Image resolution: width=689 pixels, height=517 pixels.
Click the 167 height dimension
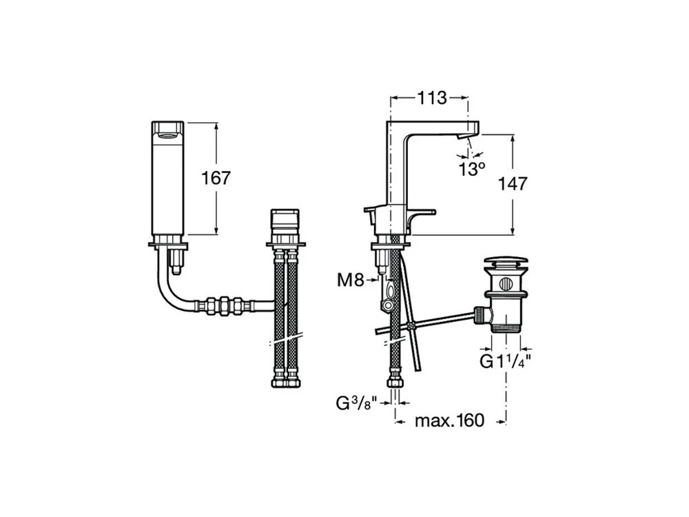[216, 178]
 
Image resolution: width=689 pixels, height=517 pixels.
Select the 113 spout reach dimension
[432, 97]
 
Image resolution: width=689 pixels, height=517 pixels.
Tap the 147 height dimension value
[514, 183]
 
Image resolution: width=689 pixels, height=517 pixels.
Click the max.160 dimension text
[449, 420]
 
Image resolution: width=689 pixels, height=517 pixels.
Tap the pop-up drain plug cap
[507, 261]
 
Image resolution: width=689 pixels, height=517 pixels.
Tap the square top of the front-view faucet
[167, 130]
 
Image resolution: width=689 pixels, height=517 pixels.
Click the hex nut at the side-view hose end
[396, 382]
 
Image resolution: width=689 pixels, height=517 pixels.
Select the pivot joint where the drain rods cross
[410, 325]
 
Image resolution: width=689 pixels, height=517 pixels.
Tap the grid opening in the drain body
[506, 283]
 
